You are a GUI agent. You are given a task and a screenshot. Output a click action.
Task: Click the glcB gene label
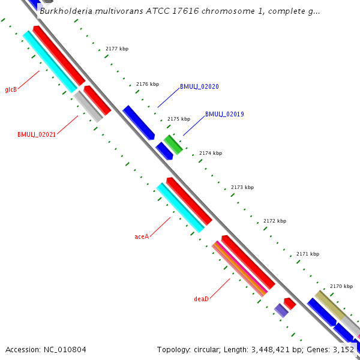coord(11,90)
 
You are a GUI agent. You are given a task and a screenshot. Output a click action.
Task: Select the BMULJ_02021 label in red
coord(37,134)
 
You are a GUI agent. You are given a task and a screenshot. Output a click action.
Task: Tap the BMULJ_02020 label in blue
coord(199,86)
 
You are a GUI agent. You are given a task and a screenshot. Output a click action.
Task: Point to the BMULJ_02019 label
coord(224,114)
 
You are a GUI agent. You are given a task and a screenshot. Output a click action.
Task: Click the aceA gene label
coord(142,236)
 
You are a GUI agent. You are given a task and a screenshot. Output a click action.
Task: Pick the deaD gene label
coord(201,298)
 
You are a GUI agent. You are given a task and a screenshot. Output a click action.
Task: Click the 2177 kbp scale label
coord(117,49)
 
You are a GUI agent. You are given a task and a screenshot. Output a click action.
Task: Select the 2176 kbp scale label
coord(148,84)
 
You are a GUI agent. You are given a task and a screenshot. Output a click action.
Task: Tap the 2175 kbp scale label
coord(179,119)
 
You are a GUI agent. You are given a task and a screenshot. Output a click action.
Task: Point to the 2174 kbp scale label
coord(211,153)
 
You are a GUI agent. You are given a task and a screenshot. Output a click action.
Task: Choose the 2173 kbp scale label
coord(242,187)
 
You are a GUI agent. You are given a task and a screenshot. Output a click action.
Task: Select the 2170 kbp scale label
coord(341,286)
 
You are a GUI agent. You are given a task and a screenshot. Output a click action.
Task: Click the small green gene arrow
coord(173,144)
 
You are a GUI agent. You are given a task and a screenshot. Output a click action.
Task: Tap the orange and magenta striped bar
coord(239,269)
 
